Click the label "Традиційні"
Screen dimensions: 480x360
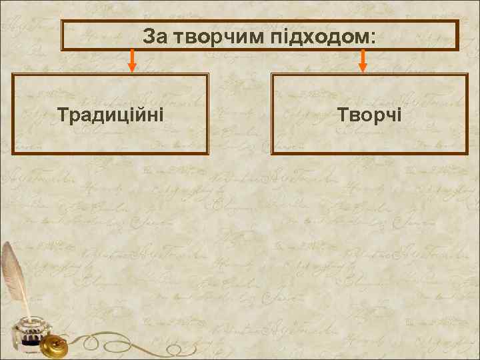point(111,115)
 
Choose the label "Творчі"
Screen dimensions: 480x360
point(369,115)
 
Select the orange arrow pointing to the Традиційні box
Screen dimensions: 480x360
point(133,60)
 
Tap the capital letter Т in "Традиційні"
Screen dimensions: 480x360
point(63,115)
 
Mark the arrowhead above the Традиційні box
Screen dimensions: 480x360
point(133,67)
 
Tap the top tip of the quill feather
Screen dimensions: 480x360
point(7,244)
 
